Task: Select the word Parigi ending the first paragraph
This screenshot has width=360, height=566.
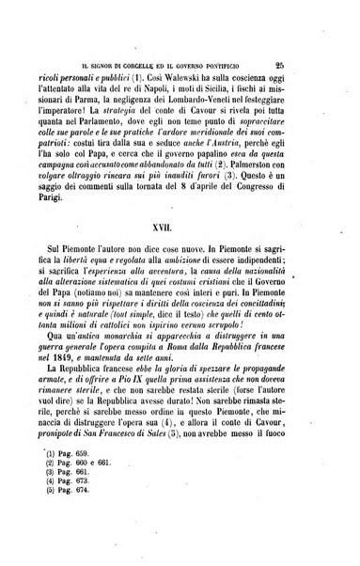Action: [82, 207]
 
